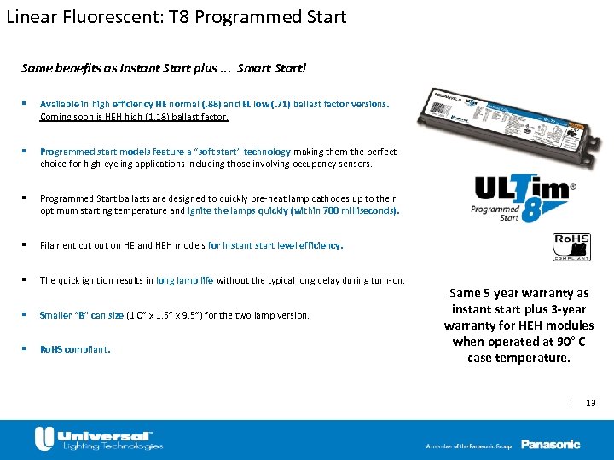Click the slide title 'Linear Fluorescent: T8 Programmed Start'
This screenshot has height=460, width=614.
coord(177,16)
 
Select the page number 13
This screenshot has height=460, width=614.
coord(591,402)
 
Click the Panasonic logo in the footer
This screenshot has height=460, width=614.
coord(551,444)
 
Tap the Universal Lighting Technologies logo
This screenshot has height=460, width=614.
coord(98,439)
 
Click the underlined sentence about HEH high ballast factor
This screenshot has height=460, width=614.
coord(134,116)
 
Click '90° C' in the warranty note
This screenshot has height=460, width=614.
coord(562,342)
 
